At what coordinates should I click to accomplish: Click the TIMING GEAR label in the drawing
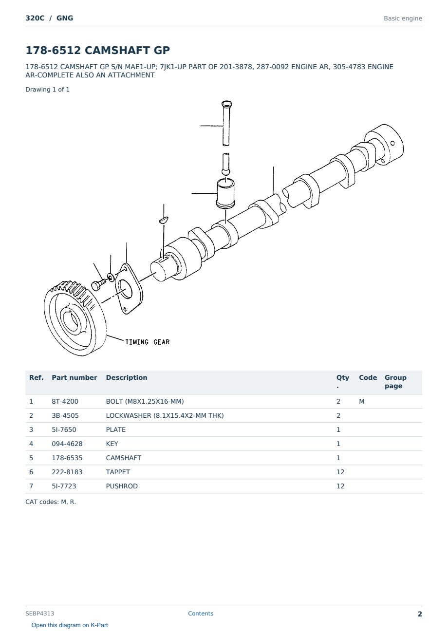(x=147, y=342)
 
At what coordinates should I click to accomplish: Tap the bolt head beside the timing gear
(x=95, y=286)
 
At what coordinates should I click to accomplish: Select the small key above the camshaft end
(x=164, y=220)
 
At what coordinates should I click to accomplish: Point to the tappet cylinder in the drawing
(x=225, y=194)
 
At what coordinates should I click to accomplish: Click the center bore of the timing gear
(x=71, y=320)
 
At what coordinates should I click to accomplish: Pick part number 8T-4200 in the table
(x=65, y=401)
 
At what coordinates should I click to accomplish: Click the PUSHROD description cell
(x=122, y=486)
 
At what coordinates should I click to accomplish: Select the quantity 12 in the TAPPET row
(x=340, y=472)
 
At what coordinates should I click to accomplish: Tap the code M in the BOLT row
(x=361, y=401)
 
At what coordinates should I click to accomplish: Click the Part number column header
(x=75, y=377)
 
